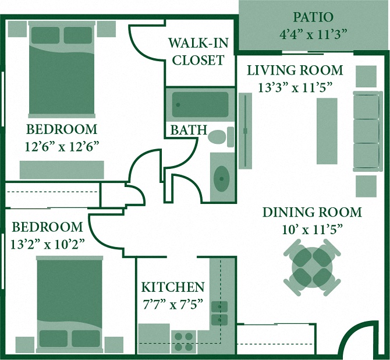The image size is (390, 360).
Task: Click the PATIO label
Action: (313, 16)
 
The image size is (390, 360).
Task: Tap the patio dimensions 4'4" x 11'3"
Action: (313, 34)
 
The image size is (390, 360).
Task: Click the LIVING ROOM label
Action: (295, 70)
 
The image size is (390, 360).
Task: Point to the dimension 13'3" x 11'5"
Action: (295, 87)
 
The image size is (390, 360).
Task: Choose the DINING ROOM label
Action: (312, 212)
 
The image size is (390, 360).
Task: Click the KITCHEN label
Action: (173, 287)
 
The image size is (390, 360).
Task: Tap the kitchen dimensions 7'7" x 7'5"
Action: (173, 303)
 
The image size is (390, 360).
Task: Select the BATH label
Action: (188, 130)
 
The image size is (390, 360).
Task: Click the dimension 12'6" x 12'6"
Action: (61, 146)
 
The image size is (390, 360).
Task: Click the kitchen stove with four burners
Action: (184, 341)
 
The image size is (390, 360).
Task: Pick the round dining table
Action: (312, 269)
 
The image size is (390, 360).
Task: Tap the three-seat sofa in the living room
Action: (366, 131)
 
